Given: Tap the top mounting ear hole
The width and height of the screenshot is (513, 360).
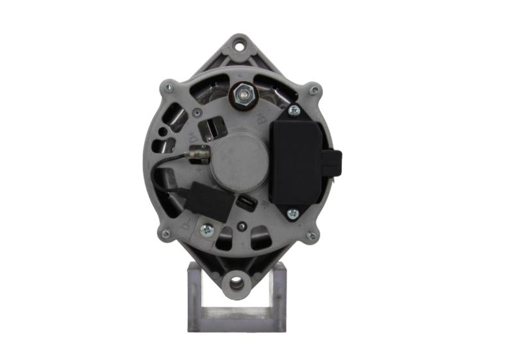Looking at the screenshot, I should pyautogui.click(x=239, y=46).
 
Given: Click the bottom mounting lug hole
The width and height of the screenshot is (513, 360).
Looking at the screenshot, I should pyautogui.click(x=237, y=282).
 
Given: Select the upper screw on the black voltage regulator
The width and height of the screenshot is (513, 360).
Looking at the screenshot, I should pyautogui.click(x=294, y=111).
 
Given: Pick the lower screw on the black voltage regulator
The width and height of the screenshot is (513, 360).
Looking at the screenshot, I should pyautogui.click(x=292, y=212).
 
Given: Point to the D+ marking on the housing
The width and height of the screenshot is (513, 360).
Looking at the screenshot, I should pyautogui.click(x=194, y=137).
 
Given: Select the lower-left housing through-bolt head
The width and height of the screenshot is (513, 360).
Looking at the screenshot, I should pyautogui.click(x=166, y=234).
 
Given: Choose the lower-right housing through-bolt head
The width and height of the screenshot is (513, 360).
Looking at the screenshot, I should pyautogui.click(x=312, y=236).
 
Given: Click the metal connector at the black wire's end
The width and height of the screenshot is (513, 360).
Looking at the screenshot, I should pyautogui.click(x=199, y=153).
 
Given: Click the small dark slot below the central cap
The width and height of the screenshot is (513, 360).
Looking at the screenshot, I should pyautogui.click(x=247, y=203).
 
